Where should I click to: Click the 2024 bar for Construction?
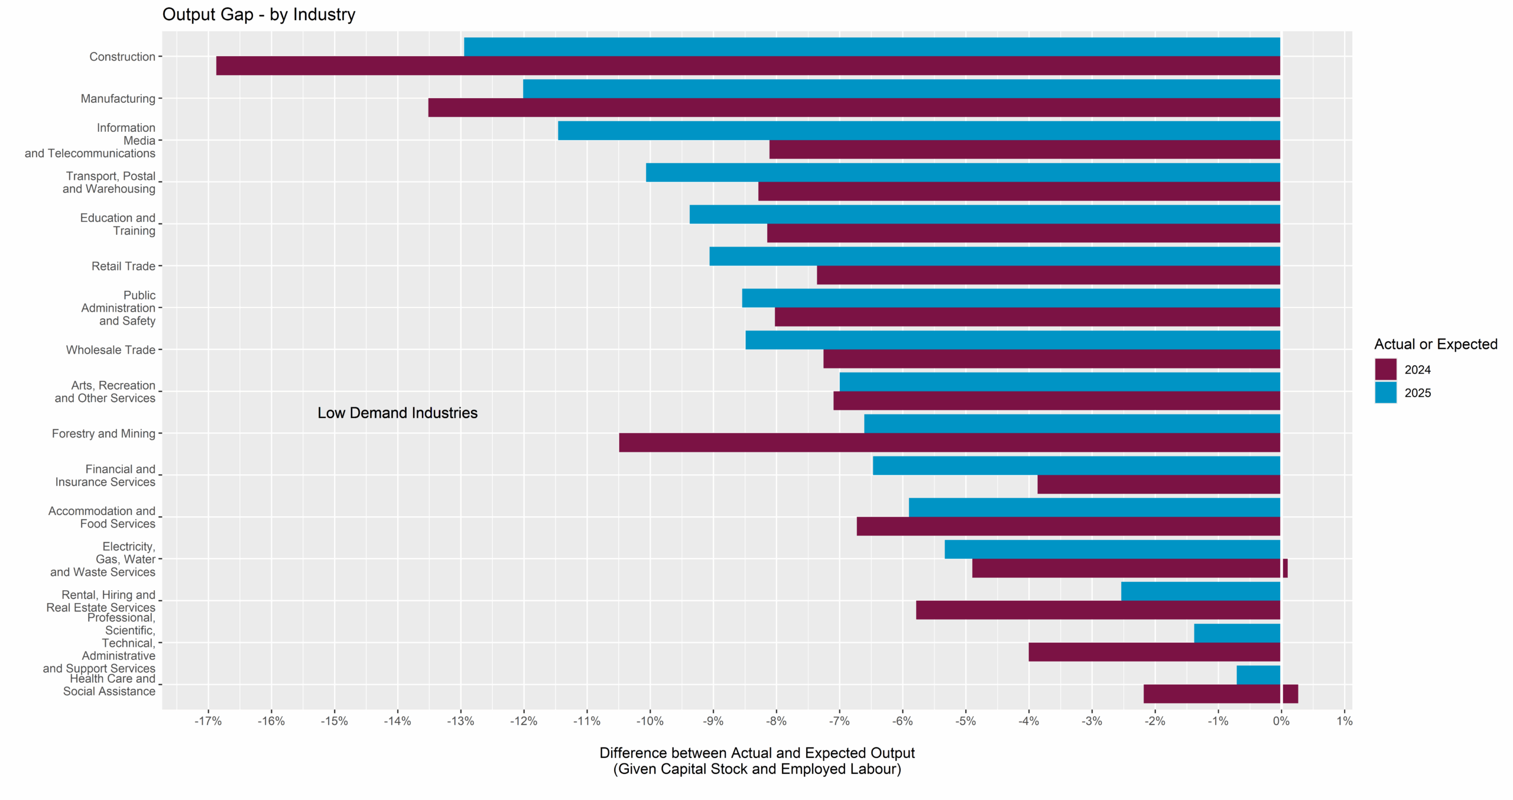click(x=748, y=66)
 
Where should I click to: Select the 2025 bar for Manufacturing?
click(x=901, y=89)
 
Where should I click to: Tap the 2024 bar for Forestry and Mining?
click(x=949, y=442)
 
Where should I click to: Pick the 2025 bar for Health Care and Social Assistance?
click(x=1258, y=675)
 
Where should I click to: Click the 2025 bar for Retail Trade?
click(x=995, y=256)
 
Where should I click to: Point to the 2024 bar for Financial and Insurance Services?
click(x=1158, y=484)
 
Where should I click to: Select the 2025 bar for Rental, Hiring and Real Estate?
click(x=1200, y=591)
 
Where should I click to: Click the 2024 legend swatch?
click(x=1385, y=370)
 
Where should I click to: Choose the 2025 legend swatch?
click(x=1385, y=393)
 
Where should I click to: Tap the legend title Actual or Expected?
click(x=1436, y=344)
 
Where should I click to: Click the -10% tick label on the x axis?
click(x=650, y=721)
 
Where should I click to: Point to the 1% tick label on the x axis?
click(x=1345, y=721)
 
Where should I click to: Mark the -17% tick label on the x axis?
click(x=208, y=721)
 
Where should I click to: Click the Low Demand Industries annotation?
click(x=397, y=413)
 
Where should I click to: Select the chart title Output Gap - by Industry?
click(x=259, y=14)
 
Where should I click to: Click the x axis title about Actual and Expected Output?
click(x=756, y=760)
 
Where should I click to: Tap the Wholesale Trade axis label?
click(x=111, y=349)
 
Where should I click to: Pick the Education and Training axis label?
click(x=118, y=224)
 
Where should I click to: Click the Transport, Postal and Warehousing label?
click(x=110, y=182)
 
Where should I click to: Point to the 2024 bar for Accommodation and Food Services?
click(x=1068, y=526)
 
